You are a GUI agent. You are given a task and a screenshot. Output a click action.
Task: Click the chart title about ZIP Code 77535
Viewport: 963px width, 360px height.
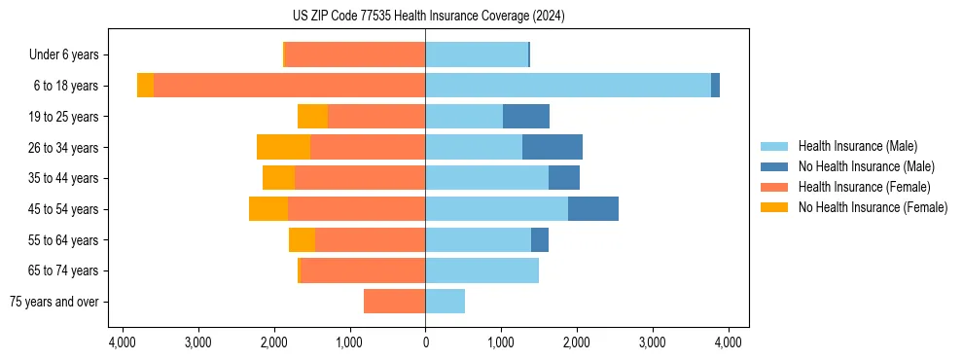(x=428, y=16)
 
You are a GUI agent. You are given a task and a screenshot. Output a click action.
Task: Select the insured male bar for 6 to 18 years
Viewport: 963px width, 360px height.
(x=568, y=86)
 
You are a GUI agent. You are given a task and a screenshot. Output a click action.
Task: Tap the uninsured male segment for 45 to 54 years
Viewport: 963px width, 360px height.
(x=593, y=209)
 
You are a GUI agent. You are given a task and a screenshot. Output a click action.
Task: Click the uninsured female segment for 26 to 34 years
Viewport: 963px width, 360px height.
(x=283, y=147)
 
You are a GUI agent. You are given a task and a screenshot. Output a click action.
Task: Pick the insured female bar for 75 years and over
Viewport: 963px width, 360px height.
(x=394, y=302)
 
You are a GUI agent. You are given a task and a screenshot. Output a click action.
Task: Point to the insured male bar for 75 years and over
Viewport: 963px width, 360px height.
(x=445, y=302)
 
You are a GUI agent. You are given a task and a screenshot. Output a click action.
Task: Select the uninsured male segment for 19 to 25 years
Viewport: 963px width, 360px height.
(x=526, y=117)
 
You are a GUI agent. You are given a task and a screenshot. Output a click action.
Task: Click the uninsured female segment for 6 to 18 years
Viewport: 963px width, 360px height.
(x=145, y=86)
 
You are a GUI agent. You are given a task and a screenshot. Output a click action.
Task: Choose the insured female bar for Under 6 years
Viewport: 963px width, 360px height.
(x=354, y=54)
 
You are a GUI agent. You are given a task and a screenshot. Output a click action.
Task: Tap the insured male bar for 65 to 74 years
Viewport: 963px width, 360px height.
(x=481, y=270)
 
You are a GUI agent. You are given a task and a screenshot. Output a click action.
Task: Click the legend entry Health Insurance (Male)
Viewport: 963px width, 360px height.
(x=857, y=146)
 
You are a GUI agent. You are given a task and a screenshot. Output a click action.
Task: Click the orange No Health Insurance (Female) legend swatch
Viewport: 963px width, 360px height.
(x=775, y=207)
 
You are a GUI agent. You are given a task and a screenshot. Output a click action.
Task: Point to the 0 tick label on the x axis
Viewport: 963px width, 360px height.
(x=425, y=342)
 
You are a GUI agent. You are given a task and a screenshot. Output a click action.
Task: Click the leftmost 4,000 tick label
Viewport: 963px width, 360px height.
(x=122, y=342)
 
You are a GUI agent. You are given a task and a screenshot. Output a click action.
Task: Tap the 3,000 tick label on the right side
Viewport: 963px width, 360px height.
(x=653, y=342)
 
